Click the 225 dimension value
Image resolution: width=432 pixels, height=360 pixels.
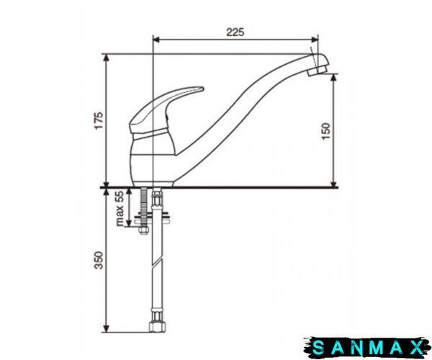click(x=235, y=32)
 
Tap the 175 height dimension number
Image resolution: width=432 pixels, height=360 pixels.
click(x=99, y=120)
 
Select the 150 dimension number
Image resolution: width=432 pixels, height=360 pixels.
click(x=326, y=131)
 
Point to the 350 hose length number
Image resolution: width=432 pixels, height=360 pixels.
click(x=99, y=261)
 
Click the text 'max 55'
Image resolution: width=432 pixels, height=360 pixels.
click(x=120, y=209)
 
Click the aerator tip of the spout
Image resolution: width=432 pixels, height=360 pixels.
click(x=318, y=69)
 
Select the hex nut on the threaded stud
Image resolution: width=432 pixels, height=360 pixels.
click(x=143, y=230)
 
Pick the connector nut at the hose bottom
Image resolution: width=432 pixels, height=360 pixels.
click(x=157, y=326)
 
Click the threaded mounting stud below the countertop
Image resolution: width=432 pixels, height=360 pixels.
click(x=143, y=206)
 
